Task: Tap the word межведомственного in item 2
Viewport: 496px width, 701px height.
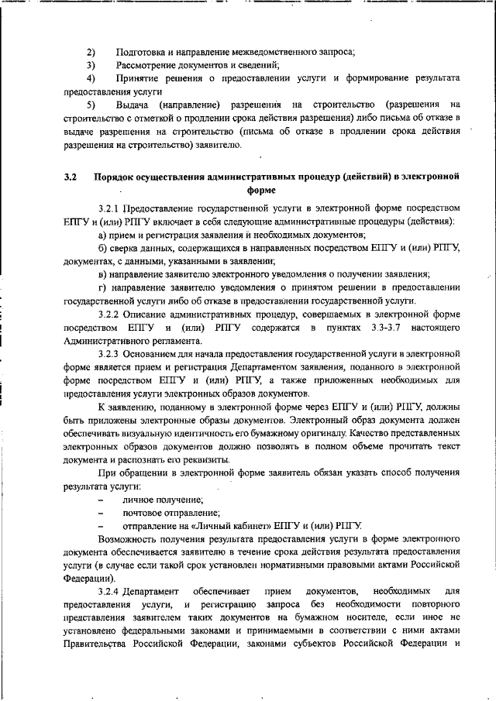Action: (x=260, y=53)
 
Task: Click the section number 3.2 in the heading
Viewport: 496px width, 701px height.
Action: (x=71, y=177)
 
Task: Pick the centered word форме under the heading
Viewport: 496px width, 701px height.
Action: (x=260, y=190)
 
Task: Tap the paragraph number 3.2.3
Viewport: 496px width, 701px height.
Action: (x=112, y=353)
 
